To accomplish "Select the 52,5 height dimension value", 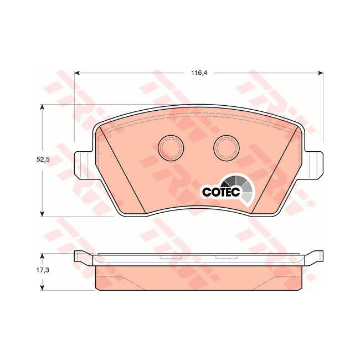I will pyautogui.click(x=43, y=160).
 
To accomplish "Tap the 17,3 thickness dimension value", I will pyautogui.click(x=43, y=272).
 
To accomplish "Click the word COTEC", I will pyautogui.click(x=220, y=192).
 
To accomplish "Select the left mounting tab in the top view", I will pyautogui.click(x=83, y=165).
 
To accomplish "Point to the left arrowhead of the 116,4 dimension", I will pyautogui.click(x=78, y=73).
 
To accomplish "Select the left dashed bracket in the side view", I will pyautogui.click(x=171, y=258).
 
